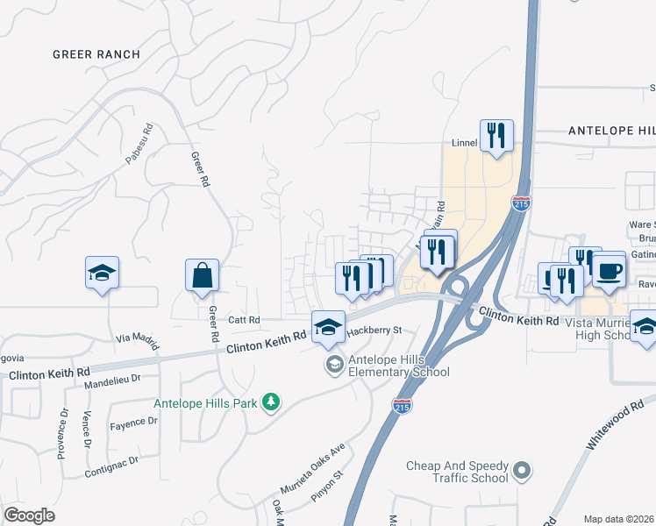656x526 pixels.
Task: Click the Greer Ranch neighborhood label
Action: click(x=96, y=54)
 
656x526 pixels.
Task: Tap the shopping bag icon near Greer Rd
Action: click(x=202, y=275)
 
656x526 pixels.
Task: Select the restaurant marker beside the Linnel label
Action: click(x=496, y=136)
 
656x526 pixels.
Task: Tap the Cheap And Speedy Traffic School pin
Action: click(x=523, y=471)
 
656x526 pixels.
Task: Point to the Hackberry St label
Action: click(x=374, y=331)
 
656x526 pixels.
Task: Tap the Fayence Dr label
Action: click(x=133, y=422)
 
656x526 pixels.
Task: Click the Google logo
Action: click(x=30, y=515)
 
